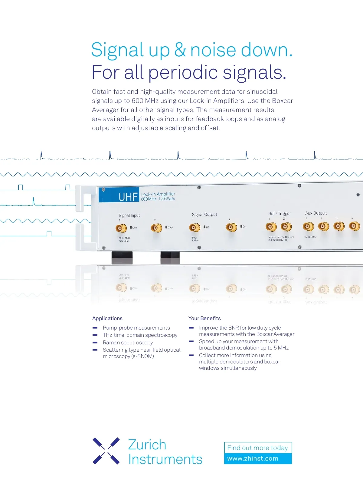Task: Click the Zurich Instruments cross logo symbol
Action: click(x=106, y=451)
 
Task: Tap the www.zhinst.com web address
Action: click(x=253, y=458)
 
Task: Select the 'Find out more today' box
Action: click(x=257, y=448)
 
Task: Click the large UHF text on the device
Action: click(x=128, y=197)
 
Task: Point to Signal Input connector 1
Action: click(x=121, y=228)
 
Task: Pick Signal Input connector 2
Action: click(x=156, y=228)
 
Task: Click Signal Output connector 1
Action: click(x=195, y=227)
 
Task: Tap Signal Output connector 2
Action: click(x=231, y=227)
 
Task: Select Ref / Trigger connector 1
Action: click(x=271, y=227)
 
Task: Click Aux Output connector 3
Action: click(x=339, y=226)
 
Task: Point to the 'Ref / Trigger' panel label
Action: click(x=280, y=214)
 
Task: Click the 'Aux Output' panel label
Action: click(x=316, y=213)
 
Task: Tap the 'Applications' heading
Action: click(x=107, y=318)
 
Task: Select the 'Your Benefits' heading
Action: click(x=204, y=318)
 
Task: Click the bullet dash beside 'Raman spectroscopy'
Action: click(x=95, y=343)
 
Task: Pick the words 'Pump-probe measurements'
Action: click(x=136, y=328)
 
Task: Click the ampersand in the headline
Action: click(x=180, y=50)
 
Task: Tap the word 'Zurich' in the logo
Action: click(x=147, y=445)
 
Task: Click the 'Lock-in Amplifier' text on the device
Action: click(x=158, y=194)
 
